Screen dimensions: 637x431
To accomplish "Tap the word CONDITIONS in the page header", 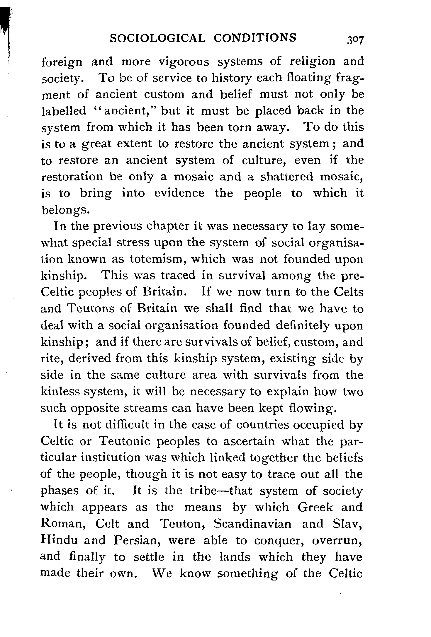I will tap(255, 38).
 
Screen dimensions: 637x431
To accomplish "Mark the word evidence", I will tap(179, 193).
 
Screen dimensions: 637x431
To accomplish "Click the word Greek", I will tap(315, 507).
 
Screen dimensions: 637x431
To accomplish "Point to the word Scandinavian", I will tap(252, 524).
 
